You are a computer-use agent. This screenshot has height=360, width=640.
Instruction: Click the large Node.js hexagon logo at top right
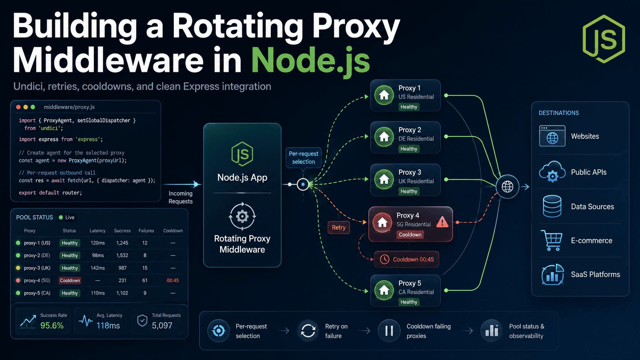[x=603, y=39]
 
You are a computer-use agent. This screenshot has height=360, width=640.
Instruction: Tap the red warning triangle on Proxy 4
[x=442, y=222]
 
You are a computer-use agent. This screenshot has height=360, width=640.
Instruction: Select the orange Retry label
[x=339, y=228]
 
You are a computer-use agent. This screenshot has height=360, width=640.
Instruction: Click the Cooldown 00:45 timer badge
[x=407, y=259]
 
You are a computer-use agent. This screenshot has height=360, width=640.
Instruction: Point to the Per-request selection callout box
[x=304, y=158]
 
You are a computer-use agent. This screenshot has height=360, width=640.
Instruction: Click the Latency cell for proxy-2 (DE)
[x=98, y=255]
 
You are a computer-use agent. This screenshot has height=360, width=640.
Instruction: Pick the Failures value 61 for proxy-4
[x=145, y=280]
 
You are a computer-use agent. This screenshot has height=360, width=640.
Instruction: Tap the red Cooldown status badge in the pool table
[x=70, y=280]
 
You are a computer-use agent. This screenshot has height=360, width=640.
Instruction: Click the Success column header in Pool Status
[x=122, y=231]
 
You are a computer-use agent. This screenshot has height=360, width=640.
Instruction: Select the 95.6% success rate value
[x=52, y=326]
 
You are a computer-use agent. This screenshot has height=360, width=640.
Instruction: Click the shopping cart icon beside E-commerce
[x=552, y=241]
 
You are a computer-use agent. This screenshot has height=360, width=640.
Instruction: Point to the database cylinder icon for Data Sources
[x=552, y=206]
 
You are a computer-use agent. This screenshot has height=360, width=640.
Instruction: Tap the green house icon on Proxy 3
[x=384, y=179]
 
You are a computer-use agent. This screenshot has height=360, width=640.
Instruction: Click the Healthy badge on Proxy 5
[x=409, y=302]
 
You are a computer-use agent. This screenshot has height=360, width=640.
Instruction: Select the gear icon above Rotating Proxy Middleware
[x=242, y=217]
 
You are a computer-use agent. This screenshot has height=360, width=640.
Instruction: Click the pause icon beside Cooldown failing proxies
[x=389, y=331]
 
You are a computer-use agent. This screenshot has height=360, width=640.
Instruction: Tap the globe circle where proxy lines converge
[x=508, y=187]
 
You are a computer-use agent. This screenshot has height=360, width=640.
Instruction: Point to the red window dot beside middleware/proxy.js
[x=19, y=107]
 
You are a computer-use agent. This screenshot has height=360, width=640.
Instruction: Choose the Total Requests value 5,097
[x=162, y=326]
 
